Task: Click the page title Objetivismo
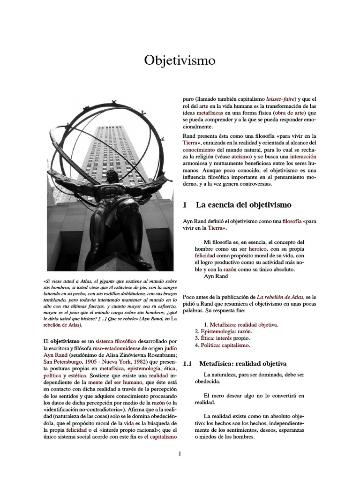[180, 60]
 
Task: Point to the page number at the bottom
[180, 453]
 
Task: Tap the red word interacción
[303, 156]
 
